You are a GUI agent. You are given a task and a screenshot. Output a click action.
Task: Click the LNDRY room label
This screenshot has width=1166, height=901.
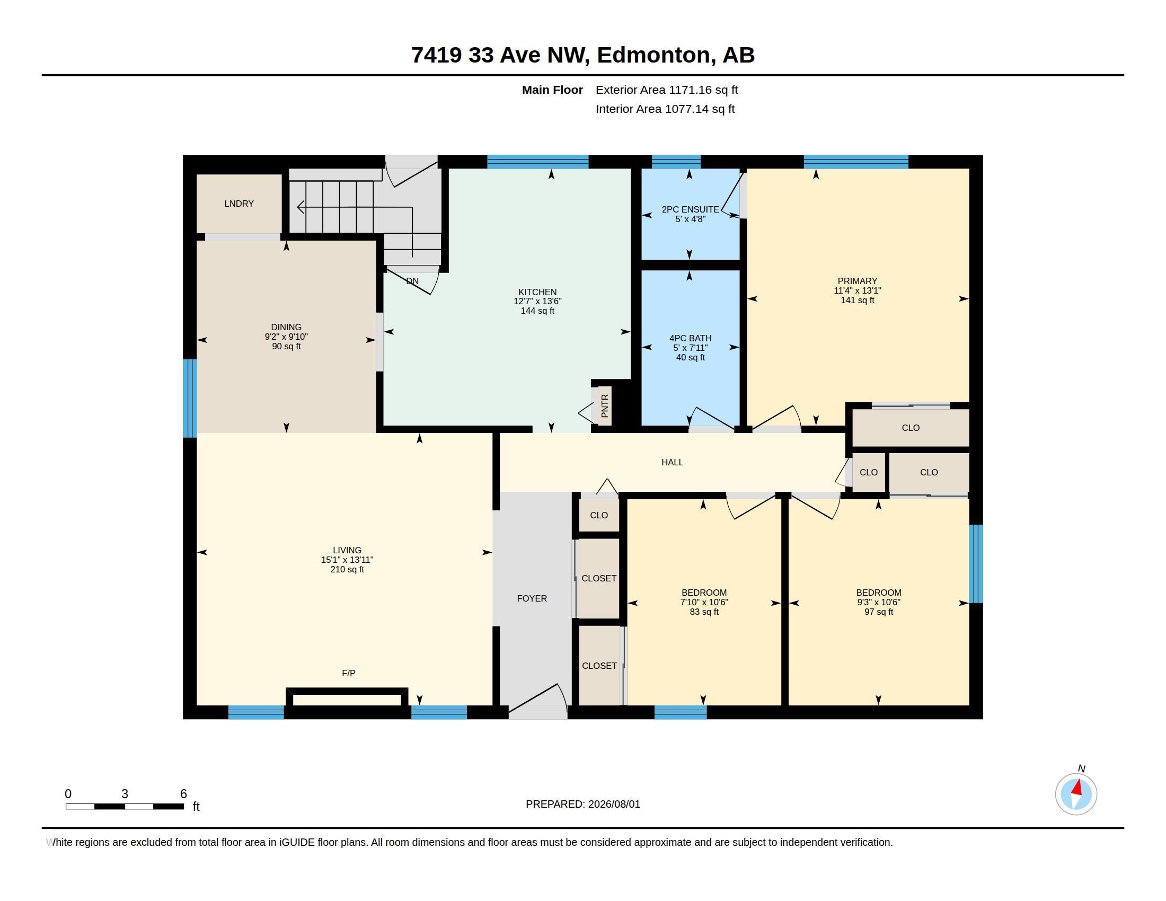(238, 204)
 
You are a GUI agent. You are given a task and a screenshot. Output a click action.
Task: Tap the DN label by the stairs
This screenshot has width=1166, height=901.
(412, 281)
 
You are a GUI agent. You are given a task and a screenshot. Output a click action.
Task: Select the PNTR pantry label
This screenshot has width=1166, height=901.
(604, 405)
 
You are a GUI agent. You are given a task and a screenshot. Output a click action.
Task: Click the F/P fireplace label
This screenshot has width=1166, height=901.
(349, 673)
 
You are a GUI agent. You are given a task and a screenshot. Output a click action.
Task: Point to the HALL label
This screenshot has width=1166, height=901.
(672, 462)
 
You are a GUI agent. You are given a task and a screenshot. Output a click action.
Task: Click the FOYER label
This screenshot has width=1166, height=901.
(532, 598)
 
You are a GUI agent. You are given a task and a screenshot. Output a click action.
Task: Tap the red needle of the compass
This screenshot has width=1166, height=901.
(1077, 787)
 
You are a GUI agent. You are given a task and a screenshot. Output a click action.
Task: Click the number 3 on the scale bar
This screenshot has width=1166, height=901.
(125, 794)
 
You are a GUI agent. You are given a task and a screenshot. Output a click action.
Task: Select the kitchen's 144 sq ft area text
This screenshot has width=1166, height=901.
(537, 311)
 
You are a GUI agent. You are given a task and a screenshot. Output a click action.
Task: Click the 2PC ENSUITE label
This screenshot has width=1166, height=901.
(690, 209)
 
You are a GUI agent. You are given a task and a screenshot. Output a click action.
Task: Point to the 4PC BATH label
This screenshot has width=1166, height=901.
(690, 338)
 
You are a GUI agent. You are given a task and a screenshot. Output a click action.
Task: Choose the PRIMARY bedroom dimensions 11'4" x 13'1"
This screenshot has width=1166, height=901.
(858, 290)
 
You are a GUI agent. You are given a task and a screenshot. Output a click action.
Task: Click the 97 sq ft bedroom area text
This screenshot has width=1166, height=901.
(879, 612)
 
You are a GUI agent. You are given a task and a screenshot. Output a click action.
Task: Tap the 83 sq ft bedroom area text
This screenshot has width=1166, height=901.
(704, 612)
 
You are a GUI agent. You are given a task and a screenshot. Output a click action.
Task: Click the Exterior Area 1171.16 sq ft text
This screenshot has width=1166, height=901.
(667, 90)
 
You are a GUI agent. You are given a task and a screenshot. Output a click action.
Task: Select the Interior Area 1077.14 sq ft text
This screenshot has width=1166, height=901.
(665, 109)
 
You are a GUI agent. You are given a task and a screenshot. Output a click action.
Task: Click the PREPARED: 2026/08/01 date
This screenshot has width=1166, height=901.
(583, 804)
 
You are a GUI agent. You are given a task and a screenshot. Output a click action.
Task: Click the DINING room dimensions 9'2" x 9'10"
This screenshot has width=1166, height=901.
(286, 337)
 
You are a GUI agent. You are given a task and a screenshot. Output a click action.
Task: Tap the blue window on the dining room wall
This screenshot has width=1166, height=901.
(190, 398)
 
